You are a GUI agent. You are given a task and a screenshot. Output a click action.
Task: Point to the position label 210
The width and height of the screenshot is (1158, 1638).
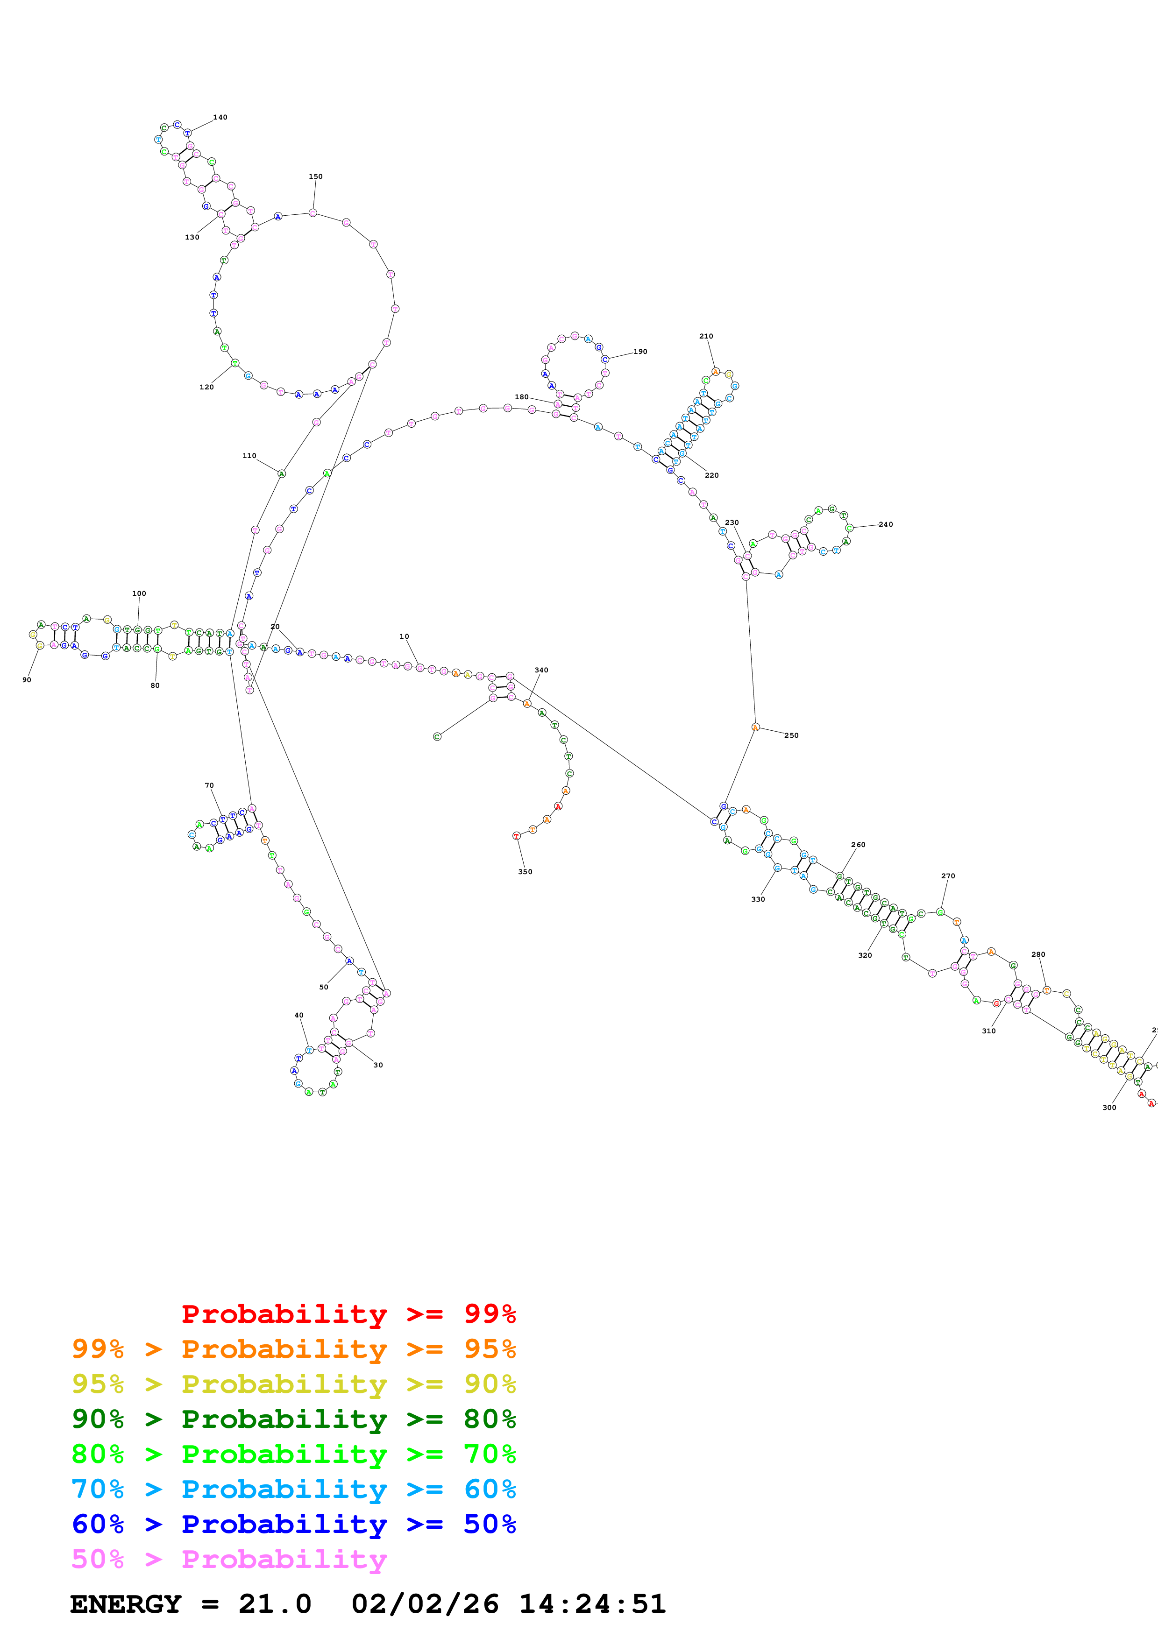(706, 336)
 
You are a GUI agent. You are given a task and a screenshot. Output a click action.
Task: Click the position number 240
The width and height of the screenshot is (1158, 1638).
(886, 524)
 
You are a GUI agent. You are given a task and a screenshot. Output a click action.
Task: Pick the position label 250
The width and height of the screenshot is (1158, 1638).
(791, 735)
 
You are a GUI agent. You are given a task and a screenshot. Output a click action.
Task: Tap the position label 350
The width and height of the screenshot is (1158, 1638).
(525, 872)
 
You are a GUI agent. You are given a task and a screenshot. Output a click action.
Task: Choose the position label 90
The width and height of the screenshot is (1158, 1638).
(27, 680)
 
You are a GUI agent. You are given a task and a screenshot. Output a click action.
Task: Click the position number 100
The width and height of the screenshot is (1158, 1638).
(139, 593)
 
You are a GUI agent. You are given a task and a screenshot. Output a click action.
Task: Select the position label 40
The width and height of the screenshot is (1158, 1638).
(299, 1015)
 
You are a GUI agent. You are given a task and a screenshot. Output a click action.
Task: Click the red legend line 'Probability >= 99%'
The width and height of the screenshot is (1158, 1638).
(348, 1314)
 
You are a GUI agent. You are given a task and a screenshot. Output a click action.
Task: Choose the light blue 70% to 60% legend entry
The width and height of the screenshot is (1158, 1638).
(293, 1489)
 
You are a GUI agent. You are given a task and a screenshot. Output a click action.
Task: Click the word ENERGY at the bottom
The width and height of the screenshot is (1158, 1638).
(126, 1604)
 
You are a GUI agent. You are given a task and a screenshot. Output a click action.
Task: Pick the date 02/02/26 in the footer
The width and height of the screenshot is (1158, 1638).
(425, 1604)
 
